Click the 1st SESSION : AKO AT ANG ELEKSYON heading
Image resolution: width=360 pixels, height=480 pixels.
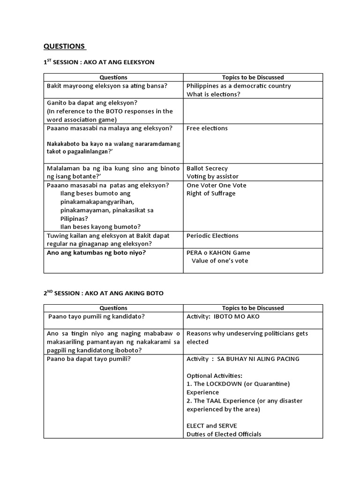coord(99,62)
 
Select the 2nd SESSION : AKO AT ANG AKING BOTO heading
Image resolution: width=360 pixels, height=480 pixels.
coord(103,293)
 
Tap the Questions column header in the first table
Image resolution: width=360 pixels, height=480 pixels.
coord(113,77)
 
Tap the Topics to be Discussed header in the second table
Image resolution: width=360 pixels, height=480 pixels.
coord(253,308)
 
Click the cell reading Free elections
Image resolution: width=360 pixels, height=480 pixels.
coord(207,128)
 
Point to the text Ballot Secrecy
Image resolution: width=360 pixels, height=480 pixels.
coord(207,168)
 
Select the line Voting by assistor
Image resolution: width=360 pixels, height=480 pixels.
coord(212,177)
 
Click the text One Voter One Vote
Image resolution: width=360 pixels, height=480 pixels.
coord(216,185)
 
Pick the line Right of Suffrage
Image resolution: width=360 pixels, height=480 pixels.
coord(211,194)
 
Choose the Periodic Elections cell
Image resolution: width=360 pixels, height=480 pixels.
coord(212,236)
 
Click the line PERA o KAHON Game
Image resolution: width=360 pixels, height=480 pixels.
coord(218,253)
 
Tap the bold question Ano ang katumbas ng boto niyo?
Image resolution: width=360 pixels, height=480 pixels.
coord(96,253)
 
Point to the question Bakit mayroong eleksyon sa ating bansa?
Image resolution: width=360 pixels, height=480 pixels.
coord(107,86)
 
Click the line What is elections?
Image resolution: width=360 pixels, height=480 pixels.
coord(213,94)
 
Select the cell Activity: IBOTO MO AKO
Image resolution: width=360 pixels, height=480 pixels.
coord(223,316)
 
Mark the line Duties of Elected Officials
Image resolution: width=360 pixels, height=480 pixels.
coord(224,434)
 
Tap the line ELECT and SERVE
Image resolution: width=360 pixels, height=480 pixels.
coord(212,426)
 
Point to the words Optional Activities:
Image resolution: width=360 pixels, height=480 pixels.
coord(214,375)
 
